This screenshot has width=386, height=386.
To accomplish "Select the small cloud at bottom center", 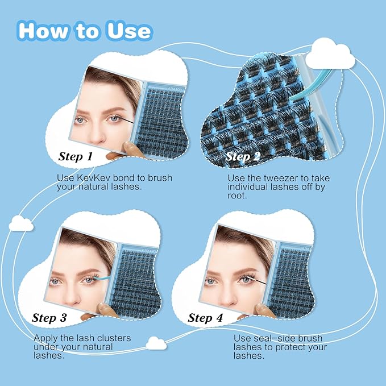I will tap(156, 343).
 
